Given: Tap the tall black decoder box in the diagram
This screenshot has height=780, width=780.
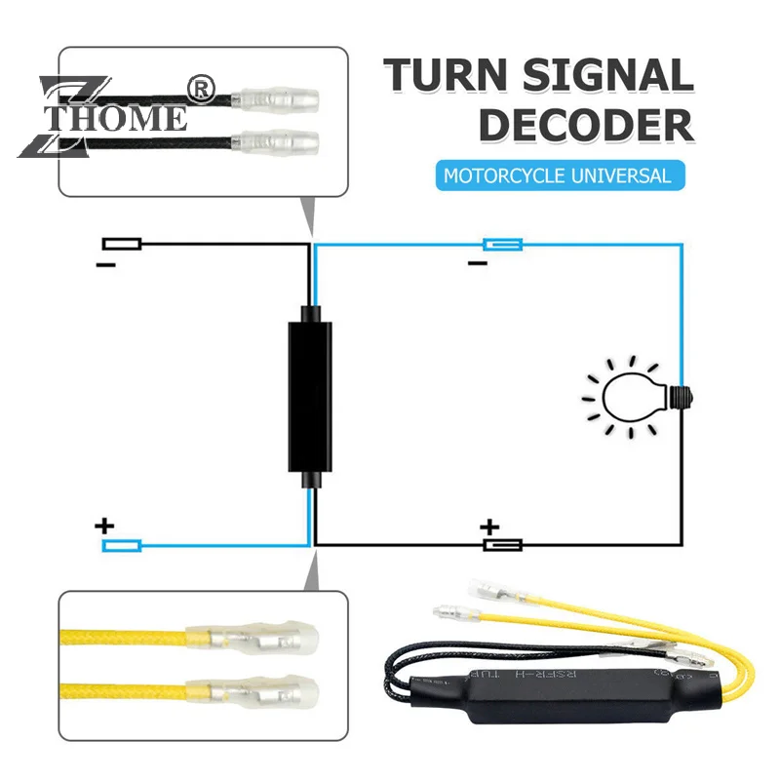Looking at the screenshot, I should (309, 395).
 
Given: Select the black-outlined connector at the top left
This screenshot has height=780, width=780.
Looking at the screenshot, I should (123, 244).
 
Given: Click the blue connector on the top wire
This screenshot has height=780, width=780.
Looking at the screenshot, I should (503, 244).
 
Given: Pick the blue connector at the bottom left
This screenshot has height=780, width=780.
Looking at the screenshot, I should (123, 545).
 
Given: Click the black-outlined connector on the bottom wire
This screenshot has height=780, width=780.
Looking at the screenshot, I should (503, 545).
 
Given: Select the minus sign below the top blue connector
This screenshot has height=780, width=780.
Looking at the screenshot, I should (477, 263).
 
